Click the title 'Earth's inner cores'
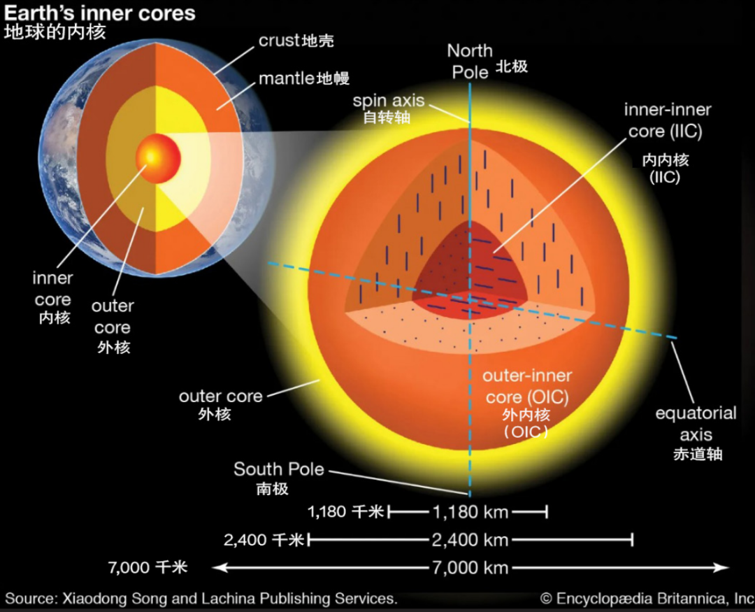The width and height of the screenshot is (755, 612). pyautogui.click(x=100, y=13)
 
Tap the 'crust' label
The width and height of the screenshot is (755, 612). pyautogui.click(x=278, y=41)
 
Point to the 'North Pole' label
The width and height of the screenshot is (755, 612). pyautogui.click(x=470, y=62)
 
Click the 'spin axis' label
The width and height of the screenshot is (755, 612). pyautogui.click(x=389, y=101)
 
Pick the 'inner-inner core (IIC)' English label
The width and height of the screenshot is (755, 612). pyautogui.click(x=668, y=120)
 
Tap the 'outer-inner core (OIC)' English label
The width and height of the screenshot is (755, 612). pyautogui.click(x=527, y=386)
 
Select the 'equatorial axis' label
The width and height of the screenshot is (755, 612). pyautogui.click(x=696, y=424)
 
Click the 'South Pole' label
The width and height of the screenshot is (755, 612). pyautogui.click(x=279, y=469)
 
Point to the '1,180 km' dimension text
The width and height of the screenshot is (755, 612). pyautogui.click(x=470, y=512)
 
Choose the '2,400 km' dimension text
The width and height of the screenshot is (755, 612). pyautogui.click(x=470, y=540)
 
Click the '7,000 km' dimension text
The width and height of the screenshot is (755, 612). pyautogui.click(x=470, y=568)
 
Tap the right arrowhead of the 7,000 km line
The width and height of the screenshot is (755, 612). pyautogui.click(x=722, y=568)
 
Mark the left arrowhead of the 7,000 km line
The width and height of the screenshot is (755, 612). pyautogui.click(x=219, y=568)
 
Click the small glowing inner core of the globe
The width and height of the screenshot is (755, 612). pyautogui.click(x=158, y=157)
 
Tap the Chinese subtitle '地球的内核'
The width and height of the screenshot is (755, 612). pyautogui.click(x=55, y=32)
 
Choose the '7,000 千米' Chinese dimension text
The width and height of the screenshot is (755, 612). pyautogui.click(x=148, y=567)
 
